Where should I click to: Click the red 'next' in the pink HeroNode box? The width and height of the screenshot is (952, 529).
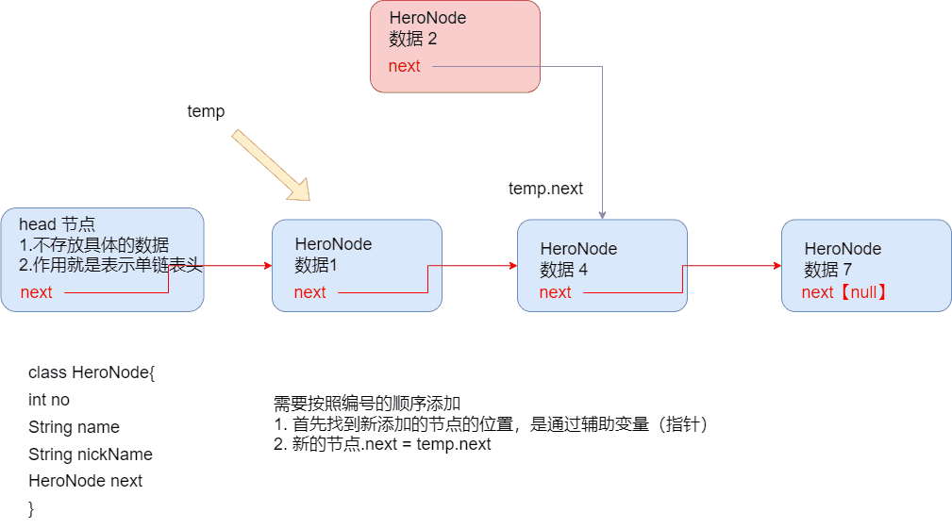[405, 66]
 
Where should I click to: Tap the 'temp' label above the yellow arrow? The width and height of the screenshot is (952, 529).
[206, 111]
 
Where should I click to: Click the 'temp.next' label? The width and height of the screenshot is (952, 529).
[546, 189]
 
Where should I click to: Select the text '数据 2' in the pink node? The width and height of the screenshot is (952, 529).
[413, 39]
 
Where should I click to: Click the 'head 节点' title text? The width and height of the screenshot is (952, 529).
[57, 224]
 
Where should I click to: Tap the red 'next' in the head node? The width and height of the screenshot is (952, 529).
[37, 292]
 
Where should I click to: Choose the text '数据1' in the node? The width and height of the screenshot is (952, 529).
[316, 265]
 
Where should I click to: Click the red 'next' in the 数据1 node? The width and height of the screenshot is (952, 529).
[310, 292]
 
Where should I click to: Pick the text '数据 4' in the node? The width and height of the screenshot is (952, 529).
[564, 270]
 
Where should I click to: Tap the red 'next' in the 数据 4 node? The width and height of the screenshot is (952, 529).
[556, 292]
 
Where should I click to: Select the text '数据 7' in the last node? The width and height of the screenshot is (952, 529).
[828, 270]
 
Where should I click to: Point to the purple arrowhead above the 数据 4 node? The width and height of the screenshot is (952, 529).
[602, 215]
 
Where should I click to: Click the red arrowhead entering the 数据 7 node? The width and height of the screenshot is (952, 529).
[777, 265]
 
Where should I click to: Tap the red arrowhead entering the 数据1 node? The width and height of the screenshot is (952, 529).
[268, 265]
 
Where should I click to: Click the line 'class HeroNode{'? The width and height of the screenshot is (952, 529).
[92, 372]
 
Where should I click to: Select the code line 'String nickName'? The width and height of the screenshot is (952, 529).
[91, 455]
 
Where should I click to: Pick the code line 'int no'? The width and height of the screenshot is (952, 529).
[49, 400]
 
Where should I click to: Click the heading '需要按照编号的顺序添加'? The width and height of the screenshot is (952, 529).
[367, 404]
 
